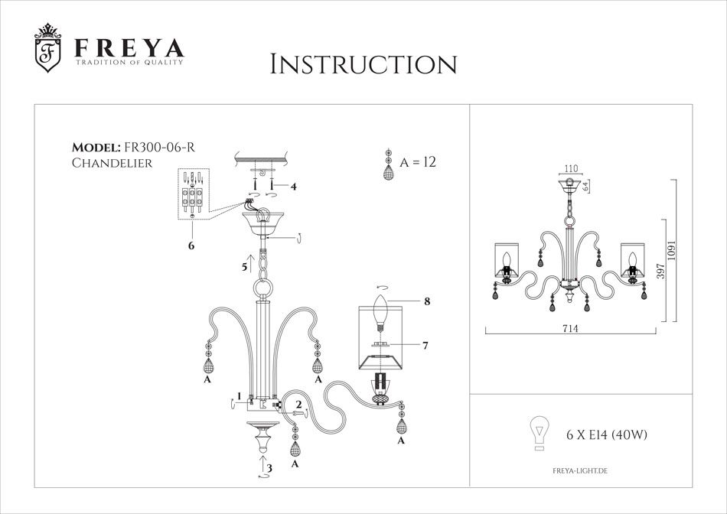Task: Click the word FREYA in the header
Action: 129,47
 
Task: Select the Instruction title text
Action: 363,64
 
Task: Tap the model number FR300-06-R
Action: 162,148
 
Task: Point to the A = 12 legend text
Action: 417,162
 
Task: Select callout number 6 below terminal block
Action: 191,246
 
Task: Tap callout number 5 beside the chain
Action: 243,267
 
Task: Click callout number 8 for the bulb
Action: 426,301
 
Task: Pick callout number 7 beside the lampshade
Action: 424,346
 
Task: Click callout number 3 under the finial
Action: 267,467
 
